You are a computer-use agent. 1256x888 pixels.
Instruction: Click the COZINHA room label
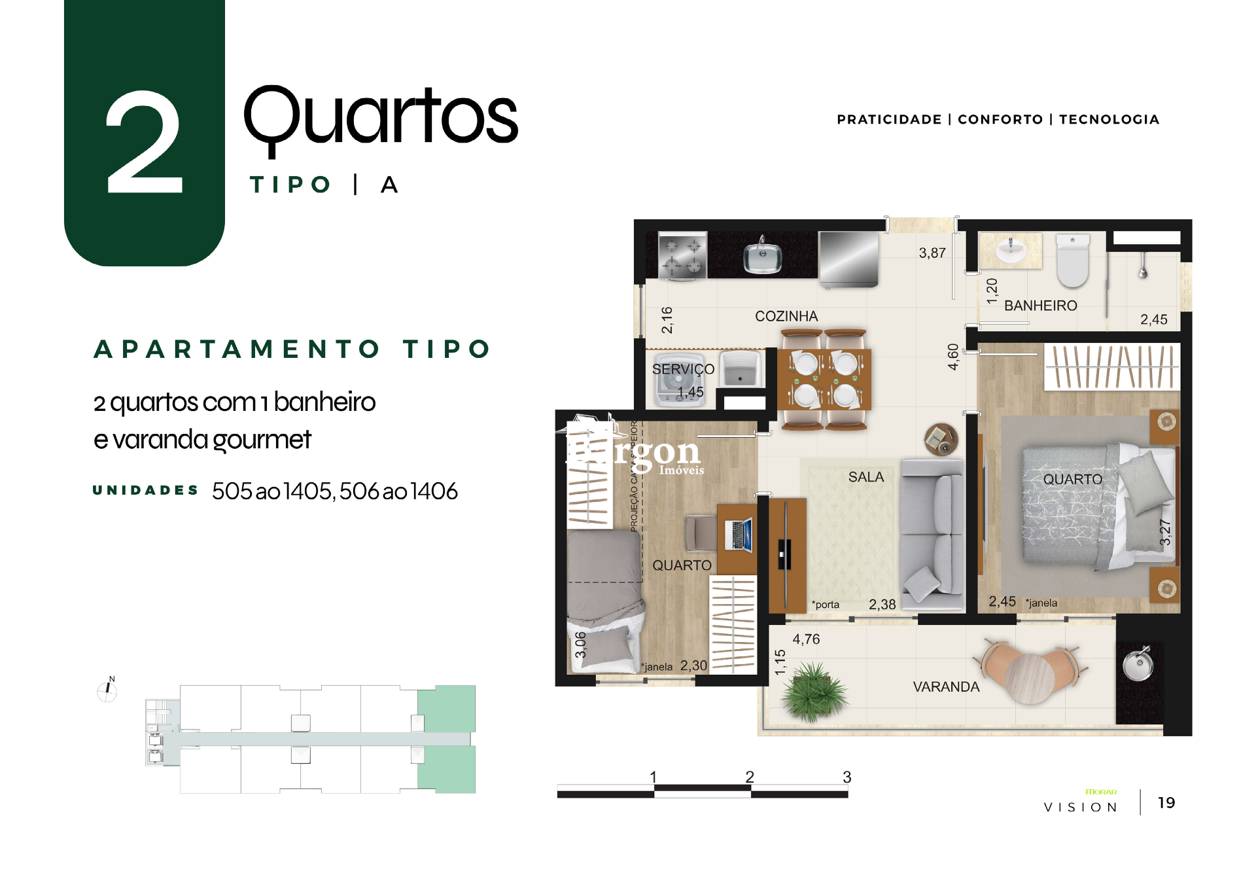coord(786,317)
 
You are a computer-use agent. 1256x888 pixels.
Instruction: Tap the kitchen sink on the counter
coord(762,257)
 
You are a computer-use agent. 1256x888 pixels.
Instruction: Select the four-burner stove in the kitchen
coord(682,255)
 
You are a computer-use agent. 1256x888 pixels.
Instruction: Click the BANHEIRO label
coord(1040,306)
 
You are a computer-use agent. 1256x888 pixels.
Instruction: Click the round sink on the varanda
coord(1138,664)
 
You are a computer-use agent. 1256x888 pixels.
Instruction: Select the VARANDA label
coord(946,687)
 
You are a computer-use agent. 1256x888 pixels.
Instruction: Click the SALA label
coord(865,477)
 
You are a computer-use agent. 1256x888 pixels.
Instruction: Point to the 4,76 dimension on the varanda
coord(806,639)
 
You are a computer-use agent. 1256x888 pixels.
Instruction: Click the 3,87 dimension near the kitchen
coord(932,253)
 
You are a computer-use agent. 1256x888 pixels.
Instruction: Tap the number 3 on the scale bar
coord(846,777)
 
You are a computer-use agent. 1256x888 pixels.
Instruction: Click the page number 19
coord(1166,803)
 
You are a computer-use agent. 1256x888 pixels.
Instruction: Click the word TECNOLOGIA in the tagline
coord(1109,120)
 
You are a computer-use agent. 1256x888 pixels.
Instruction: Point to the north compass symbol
coord(107,689)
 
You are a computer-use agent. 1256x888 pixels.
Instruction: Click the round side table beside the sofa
coord(941,439)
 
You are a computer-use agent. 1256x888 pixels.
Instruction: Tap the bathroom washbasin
coord(1010,251)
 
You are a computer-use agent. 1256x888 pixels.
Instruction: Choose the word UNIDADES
coord(145,490)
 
